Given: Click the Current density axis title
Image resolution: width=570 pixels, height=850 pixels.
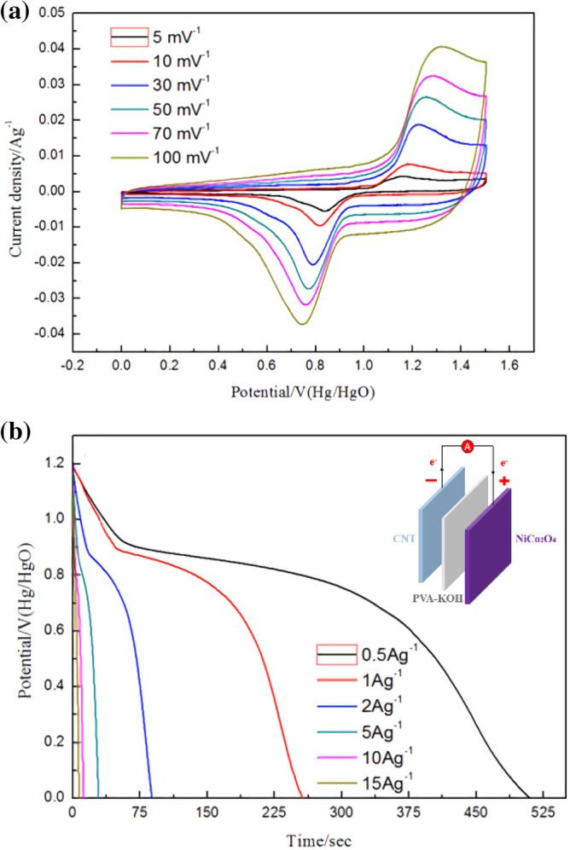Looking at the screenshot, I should pyautogui.click(x=15, y=179).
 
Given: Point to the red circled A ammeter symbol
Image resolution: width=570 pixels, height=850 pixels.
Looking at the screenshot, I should pyautogui.click(x=467, y=446).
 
